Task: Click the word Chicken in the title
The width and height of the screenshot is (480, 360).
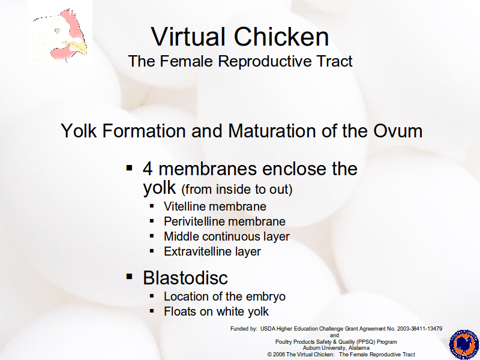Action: tap(281, 37)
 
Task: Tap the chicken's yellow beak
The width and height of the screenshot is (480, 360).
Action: tap(77, 47)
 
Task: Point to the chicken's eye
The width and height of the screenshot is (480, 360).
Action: tap(58, 31)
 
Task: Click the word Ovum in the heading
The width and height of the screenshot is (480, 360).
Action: tap(398, 131)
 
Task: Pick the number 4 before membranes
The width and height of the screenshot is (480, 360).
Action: tap(148, 169)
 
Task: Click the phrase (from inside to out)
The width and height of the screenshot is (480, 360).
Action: tap(237, 189)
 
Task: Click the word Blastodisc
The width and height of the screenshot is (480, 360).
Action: tap(185, 278)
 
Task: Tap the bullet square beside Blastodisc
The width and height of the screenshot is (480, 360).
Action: tap(130, 277)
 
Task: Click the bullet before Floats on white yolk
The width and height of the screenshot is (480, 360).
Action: tap(152, 311)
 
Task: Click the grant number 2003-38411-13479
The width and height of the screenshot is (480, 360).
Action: tap(419, 329)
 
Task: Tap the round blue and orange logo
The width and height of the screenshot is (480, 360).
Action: tap(464, 344)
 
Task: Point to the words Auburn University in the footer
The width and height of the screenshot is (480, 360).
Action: tap(325, 348)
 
